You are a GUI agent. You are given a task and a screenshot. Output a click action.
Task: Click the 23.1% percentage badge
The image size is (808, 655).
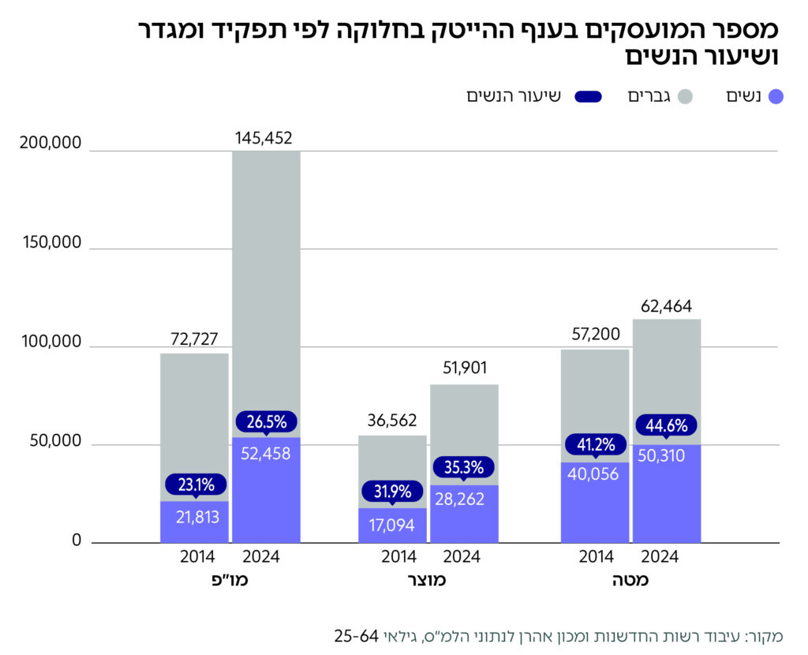[195, 485]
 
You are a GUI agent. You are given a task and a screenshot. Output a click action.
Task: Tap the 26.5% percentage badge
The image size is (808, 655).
[265, 421]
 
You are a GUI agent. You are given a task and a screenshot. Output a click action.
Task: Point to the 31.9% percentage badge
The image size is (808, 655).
[392, 492]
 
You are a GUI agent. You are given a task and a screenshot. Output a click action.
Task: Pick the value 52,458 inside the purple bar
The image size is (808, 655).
[265, 454]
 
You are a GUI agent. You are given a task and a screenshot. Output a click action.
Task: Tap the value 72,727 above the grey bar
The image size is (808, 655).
[194, 340]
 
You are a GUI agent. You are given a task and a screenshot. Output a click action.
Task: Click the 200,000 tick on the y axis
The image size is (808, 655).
[49, 144]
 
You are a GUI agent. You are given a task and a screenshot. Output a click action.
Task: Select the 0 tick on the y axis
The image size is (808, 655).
[77, 541]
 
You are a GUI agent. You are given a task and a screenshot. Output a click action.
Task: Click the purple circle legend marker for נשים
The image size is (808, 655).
[775, 97]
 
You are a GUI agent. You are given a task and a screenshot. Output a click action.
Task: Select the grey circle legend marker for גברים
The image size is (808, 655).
[685, 97]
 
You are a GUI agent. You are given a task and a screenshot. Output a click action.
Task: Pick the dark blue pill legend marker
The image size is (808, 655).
[584, 97]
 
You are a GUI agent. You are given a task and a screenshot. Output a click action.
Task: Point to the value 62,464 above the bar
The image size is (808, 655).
[667, 307]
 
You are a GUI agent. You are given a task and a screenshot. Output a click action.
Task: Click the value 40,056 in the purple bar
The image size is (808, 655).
[596, 474]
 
